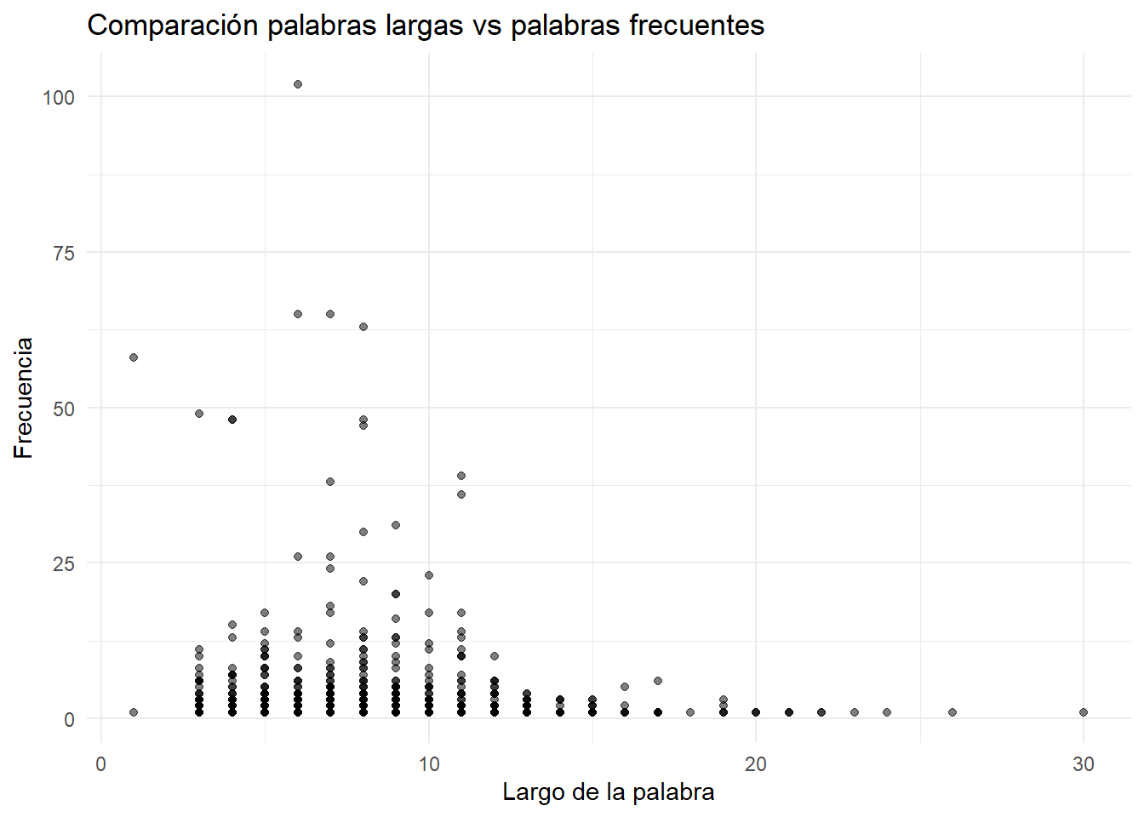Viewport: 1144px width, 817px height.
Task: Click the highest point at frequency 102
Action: point(298,84)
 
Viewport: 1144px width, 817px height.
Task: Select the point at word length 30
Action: point(1084,712)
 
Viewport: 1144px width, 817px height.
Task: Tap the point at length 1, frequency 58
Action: point(134,357)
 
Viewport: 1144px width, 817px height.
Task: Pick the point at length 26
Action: point(952,712)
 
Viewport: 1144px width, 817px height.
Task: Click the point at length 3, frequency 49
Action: point(199,414)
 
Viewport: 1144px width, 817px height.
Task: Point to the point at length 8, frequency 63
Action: point(363,327)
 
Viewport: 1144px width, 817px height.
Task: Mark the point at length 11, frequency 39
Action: point(461,476)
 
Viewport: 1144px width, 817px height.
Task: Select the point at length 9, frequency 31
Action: point(396,525)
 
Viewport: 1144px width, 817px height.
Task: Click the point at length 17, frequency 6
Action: point(658,681)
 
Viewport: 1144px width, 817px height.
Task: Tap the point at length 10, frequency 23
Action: point(429,575)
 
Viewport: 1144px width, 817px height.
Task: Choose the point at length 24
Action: point(887,712)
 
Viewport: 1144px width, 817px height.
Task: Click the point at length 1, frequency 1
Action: point(134,712)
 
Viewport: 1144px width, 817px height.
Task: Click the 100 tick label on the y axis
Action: point(59,98)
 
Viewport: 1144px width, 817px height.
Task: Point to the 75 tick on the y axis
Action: point(64,254)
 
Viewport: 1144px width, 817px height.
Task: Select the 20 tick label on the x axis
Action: point(756,764)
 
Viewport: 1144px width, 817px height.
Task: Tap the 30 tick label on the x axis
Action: point(1084,764)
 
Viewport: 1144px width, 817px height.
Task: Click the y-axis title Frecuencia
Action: point(24,398)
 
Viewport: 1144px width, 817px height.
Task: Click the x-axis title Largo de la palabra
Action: point(609,792)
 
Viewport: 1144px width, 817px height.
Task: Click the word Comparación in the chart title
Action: point(172,26)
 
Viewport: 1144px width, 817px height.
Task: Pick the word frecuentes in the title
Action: point(697,26)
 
